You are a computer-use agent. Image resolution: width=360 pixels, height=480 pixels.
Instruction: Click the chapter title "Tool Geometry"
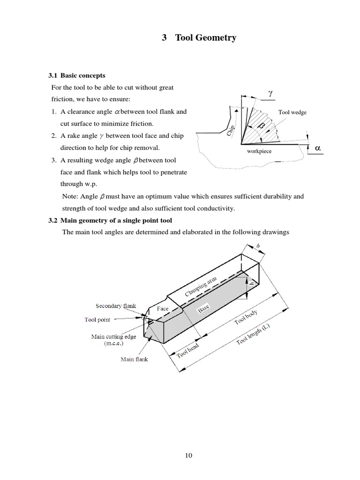pos(205,38)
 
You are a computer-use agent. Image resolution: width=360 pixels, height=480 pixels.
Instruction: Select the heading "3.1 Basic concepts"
pos(77,75)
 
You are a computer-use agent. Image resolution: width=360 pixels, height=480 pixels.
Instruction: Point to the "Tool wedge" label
pos(292,112)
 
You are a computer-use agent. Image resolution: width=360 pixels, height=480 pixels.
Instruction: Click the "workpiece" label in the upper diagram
pos(259,151)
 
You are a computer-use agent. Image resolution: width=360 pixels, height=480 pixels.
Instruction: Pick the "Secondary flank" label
pos(116,306)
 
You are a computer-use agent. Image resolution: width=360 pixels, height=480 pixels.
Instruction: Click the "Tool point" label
pos(97,320)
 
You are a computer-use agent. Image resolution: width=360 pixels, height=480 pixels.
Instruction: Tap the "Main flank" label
pos(134,360)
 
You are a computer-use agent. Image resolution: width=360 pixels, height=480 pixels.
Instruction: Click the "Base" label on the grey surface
pos(203,309)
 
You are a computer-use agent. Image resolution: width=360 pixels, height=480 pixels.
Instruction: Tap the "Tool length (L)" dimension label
pos(255,334)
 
